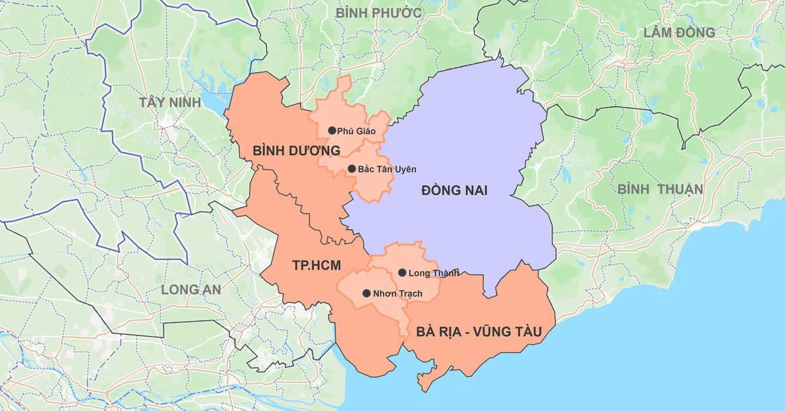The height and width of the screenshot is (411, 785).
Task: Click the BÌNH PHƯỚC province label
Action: tap(378, 13)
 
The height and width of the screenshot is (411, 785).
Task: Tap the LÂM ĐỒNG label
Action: tap(679, 33)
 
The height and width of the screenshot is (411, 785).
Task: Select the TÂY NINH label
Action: tap(167, 102)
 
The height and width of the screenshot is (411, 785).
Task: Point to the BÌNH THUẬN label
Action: tap(660, 190)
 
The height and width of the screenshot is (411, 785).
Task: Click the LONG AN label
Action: tap(191, 289)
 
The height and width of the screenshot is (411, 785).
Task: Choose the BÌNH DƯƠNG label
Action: tap(296, 151)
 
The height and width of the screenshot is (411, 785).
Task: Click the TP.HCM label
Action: tap(318, 266)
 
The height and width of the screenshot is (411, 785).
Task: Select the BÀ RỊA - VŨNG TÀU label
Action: tap(479, 332)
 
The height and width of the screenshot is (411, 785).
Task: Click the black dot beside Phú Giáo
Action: tap(332, 130)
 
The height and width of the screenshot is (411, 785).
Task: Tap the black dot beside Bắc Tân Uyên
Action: tap(352, 169)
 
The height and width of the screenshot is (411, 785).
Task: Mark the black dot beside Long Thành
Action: tap(402, 272)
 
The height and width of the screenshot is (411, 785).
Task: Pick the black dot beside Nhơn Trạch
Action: tap(366, 293)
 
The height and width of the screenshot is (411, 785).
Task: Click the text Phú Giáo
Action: tap(357, 131)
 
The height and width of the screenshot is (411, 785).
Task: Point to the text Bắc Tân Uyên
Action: tap(387, 169)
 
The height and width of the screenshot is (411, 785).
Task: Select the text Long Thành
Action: tap(432, 273)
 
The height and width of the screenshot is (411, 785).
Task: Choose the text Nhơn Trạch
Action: tap(398, 294)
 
